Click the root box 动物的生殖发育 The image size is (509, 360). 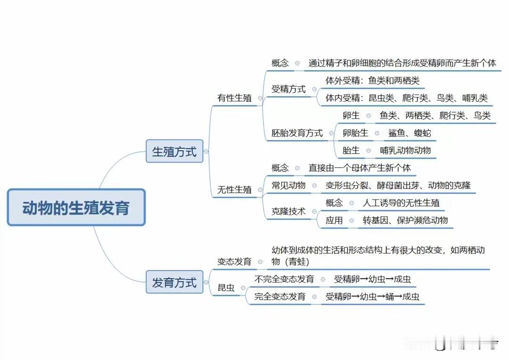(76, 208)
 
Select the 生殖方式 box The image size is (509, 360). (174, 151)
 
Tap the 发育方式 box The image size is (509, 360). (174, 282)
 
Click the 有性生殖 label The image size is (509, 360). (234, 98)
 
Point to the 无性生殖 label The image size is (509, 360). (234, 190)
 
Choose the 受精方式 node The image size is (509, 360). (288, 89)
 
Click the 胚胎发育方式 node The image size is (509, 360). (297, 133)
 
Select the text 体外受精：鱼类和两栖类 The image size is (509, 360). (372, 81)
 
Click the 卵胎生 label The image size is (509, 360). (355, 133)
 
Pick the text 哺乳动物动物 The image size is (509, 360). (405, 151)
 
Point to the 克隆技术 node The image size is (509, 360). (288, 212)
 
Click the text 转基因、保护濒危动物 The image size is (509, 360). (405, 220)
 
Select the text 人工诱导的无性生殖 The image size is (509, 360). (401, 203)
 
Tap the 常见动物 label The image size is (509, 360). (288, 185)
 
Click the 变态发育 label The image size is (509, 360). (234, 262)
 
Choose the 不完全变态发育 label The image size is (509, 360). (284, 279)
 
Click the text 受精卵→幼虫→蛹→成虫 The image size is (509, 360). (372, 297)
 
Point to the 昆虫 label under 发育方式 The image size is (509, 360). (226, 288)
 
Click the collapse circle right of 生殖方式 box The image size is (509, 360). (206, 151)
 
